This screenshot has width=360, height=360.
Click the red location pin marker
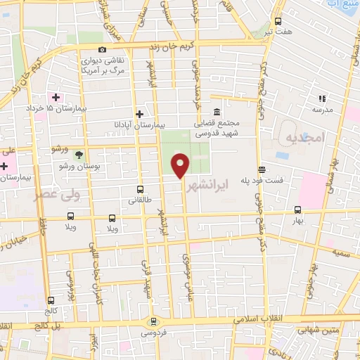coord(181,165)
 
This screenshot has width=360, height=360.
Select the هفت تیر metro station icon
coord(278,21)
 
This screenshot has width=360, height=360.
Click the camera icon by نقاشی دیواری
coord(103,50)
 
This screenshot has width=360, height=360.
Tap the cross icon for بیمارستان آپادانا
coord(139,114)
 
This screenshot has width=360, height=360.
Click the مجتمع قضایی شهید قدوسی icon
coord(216,112)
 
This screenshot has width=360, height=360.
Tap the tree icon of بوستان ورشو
coord(79,153)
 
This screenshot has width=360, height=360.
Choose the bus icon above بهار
coord(297,209)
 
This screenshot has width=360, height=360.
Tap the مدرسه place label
coord(323,110)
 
